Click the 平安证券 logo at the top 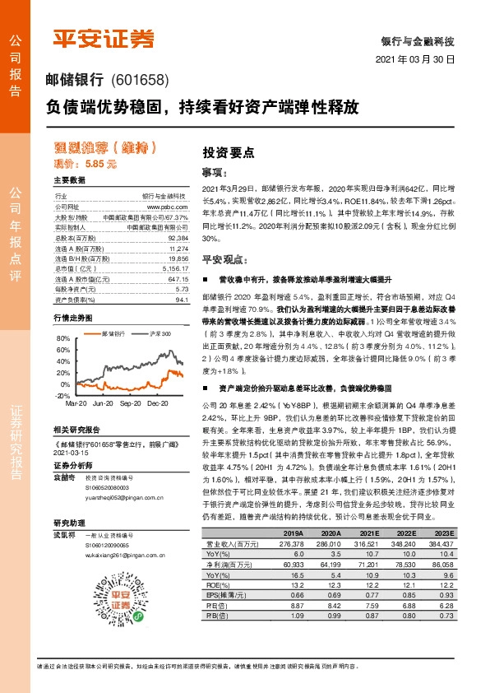[x=104, y=39]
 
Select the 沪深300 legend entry [x=160, y=334]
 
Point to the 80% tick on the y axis [x=64, y=338]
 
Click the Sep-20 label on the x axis [x=130, y=404]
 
